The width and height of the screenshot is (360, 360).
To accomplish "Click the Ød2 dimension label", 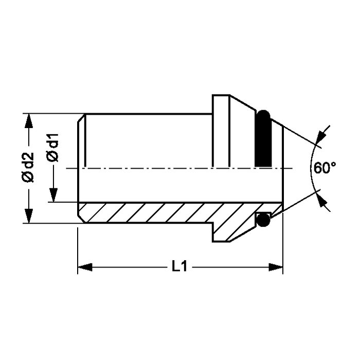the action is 28,167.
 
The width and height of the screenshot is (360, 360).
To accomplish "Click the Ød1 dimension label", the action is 52,148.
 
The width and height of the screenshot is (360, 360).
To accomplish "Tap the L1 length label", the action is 179,266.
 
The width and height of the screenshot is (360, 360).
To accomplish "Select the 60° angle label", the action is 325,168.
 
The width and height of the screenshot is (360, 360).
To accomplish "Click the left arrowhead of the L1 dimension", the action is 85,267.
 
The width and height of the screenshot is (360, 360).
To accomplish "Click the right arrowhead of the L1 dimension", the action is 276,267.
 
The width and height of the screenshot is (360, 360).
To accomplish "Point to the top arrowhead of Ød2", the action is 29,121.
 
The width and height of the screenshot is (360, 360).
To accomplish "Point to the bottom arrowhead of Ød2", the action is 29,216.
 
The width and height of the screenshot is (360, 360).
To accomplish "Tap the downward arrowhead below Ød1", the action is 53,195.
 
